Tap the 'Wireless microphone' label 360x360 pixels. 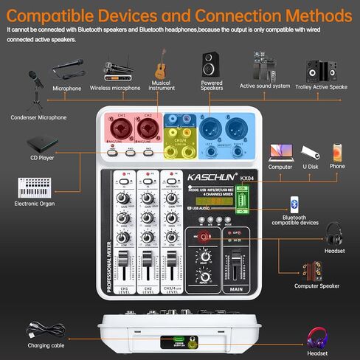[115, 89]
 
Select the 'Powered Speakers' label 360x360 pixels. [212, 86]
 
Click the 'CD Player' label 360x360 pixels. [41, 157]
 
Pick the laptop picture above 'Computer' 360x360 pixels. [280, 152]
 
